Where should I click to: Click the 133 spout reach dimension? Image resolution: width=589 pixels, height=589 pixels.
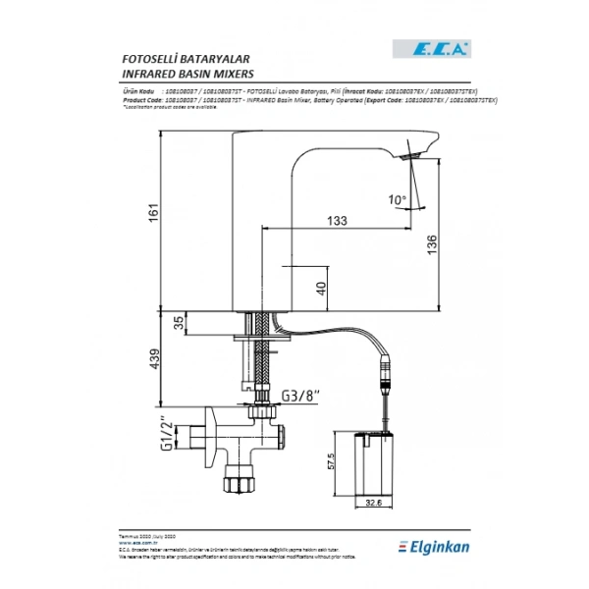[x=337, y=222]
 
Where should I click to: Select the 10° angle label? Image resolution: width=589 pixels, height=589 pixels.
[x=397, y=199]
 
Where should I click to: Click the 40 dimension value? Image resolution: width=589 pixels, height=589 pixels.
[x=321, y=287]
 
